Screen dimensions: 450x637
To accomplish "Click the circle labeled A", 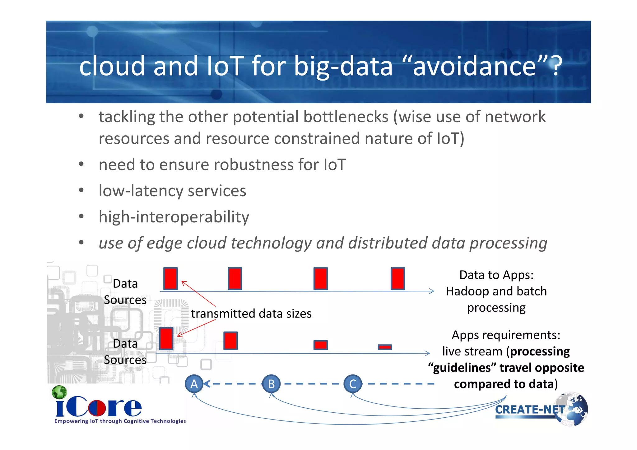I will [194, 384].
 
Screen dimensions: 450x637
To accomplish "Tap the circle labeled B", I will [271, 384].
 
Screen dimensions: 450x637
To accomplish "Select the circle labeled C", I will [353, 384].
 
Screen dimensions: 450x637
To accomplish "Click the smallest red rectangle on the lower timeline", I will [385, 347].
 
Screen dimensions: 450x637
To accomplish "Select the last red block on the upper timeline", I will [398, 279].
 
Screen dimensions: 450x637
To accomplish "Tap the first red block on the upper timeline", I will [170, 279].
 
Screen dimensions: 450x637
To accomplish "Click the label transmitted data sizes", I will [251, 313].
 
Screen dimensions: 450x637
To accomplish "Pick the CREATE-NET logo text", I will [530, 410].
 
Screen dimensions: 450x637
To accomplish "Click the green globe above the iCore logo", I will [59, 392].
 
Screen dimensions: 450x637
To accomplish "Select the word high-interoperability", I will [174, 217].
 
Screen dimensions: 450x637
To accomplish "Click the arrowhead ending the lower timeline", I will [428, 353].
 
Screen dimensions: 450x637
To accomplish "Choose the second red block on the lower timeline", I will [230, 341].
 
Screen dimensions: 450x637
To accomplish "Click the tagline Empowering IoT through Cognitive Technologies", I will [120, 421].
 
